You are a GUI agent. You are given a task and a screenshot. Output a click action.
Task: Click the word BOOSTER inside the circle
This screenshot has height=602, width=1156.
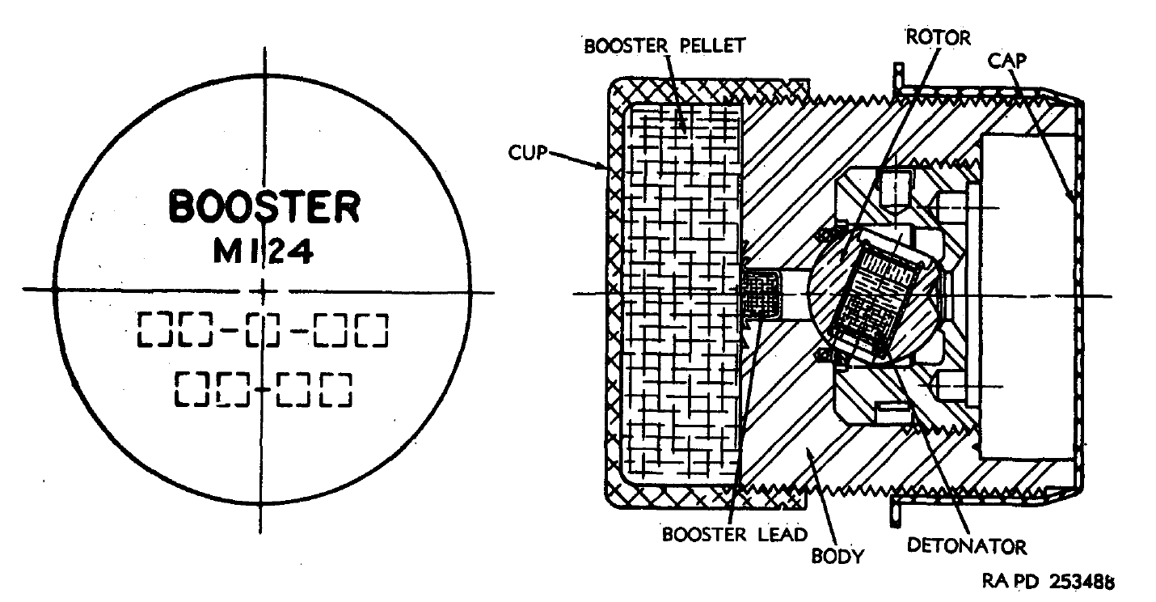tap(264, 206)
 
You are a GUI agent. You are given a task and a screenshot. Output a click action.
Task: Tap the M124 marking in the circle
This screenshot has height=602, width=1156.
tap(264, 252)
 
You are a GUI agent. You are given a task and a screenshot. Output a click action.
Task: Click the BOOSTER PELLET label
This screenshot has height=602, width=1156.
tap(664, 46)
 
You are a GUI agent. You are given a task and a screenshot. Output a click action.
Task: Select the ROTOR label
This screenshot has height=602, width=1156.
tap(939, 37)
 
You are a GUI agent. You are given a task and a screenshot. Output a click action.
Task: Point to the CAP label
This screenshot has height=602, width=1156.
tap(1007, 61)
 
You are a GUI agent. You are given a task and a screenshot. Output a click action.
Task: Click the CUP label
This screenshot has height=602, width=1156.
tap(527, 152)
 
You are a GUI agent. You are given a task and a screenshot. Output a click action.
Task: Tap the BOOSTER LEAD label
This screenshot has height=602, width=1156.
tap(734, 534)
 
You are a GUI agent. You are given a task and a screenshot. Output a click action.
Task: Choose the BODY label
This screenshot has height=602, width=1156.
tap(837, 556)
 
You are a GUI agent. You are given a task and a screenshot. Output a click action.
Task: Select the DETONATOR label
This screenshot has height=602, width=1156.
tap(967, 546)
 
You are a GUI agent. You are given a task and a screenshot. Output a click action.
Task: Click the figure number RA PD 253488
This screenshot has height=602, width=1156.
tap(1048, 581)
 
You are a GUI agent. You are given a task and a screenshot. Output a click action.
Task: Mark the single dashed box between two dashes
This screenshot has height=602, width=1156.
tap(263, 329)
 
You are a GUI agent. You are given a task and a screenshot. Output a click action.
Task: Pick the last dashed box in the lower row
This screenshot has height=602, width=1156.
tap(336, 390)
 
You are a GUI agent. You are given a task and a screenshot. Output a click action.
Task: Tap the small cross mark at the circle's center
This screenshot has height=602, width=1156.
tap(262, 290)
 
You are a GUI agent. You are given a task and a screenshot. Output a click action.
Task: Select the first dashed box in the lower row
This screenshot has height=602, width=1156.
tap(191, 390)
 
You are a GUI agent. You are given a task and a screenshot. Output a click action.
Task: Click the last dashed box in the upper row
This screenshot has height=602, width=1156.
tap(372, 329)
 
